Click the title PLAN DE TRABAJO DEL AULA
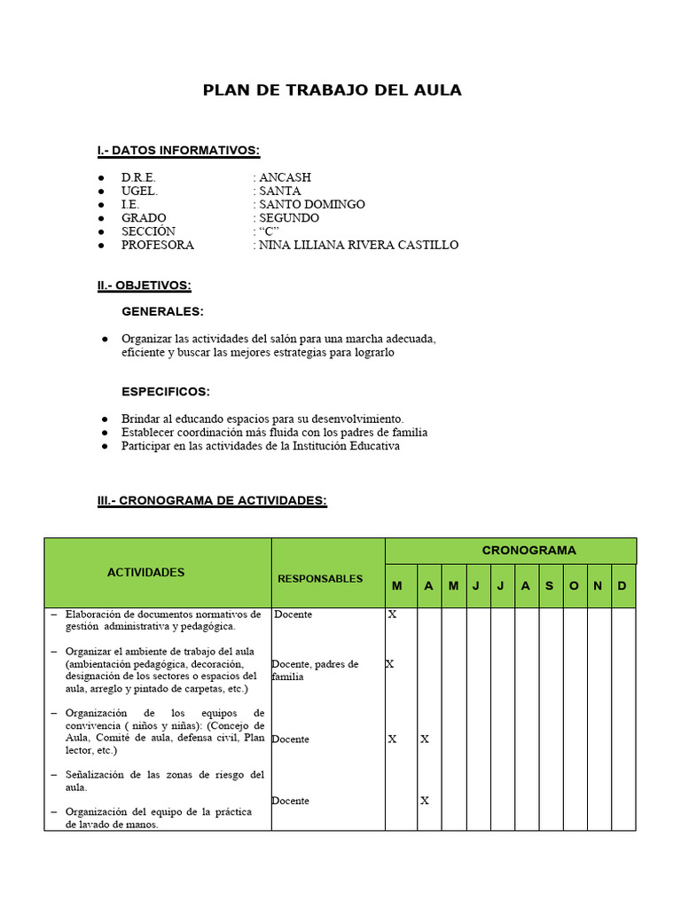click(333, 90)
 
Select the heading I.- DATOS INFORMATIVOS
click(178, 151)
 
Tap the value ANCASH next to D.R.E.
click(285, 177)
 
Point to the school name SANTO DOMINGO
click(311, 205)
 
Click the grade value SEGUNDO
click(289, 218)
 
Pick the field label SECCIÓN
click(149, 231)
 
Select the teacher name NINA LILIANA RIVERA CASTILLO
click(358, 246)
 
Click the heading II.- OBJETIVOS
click(144, 286)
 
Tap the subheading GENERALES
click(162, 312)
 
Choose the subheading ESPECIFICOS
click(166, 392)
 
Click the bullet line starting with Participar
click(261, 446)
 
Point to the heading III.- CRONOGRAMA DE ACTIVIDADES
click(212, 501)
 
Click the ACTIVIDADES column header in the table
click(146, 573)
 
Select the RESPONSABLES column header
click(320, 579)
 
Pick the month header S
click(550, 586)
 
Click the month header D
click(622, 586)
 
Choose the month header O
click(574, 586)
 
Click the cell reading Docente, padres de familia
click(315, 670)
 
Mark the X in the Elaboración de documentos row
click(392, 614)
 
